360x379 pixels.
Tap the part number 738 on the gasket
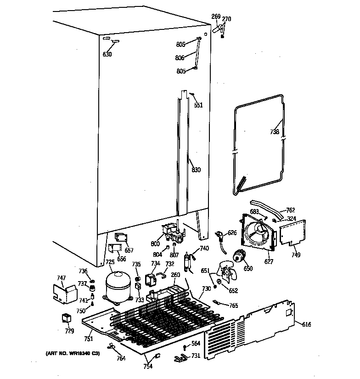[274, 132]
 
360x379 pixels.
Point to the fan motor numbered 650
[239, 257]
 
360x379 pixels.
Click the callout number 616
[306, 325]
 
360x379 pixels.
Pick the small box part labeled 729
[67, 318]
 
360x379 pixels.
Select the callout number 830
[196, 170]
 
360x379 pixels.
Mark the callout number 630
[107, 54]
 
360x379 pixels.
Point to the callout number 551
[198, 105]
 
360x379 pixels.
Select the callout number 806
[180, 58]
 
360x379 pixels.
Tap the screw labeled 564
[184, 346]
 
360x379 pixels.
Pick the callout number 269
[216, 17]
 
